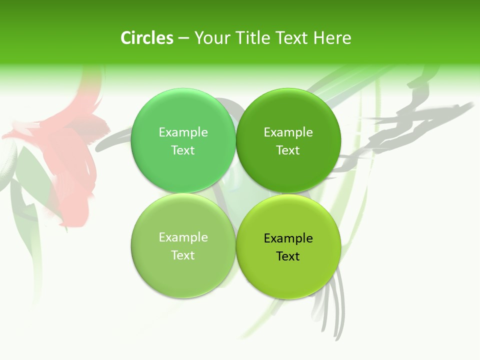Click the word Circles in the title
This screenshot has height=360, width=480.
tap(146, 38)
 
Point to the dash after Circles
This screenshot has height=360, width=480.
tap(183, 38)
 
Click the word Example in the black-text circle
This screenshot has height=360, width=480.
tap(288, 238)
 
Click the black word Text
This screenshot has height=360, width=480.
tap(288, 256)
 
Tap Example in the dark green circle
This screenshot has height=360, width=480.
tap(288, 132)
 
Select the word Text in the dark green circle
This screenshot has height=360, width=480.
tap(288, 150)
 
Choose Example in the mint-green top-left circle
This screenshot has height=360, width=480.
tap(183, 132)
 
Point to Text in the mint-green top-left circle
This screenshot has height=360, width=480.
tap(183, 150)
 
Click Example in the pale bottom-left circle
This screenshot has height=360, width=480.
tap(183, 237)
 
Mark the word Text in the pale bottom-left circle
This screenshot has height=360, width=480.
tap(183, 255)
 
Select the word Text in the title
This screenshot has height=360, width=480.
tap(292, 38)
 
